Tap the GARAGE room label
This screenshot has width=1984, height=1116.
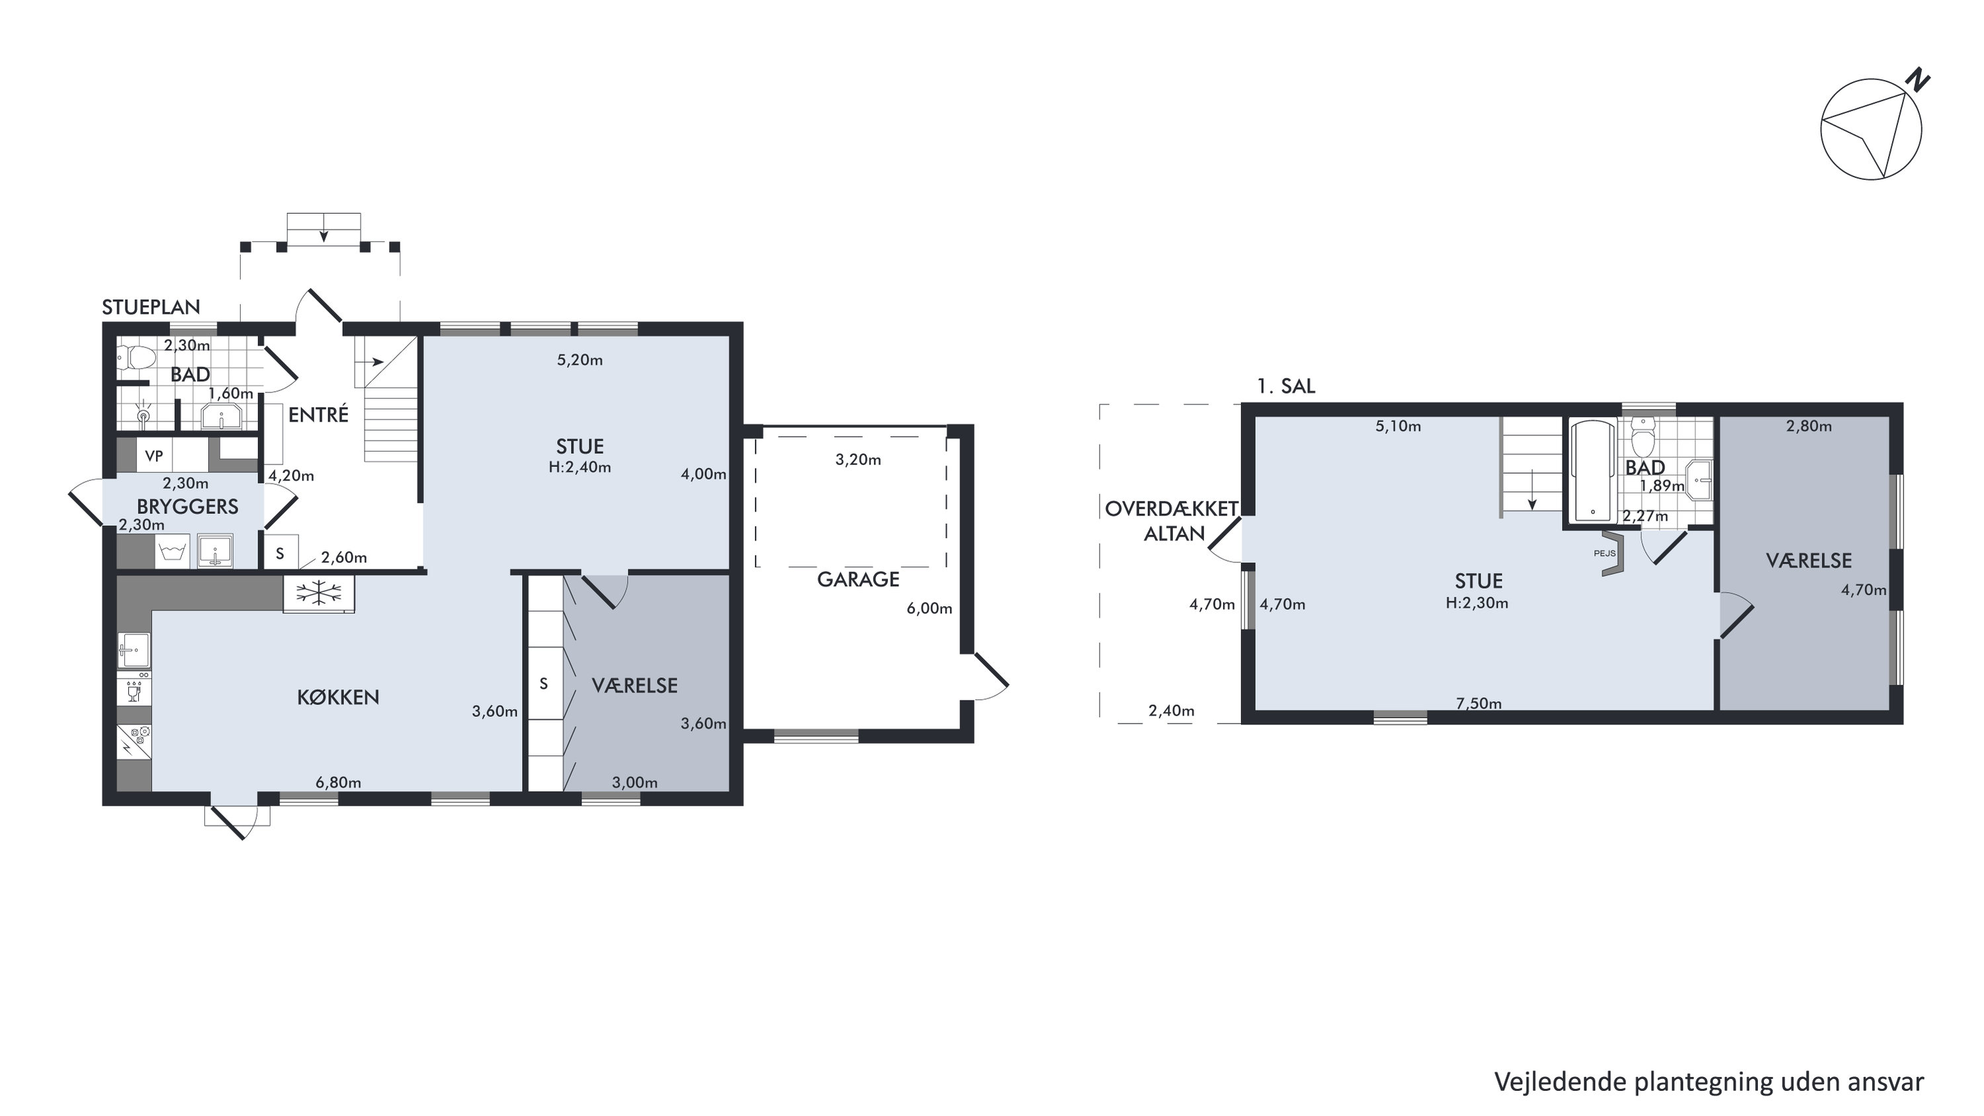coord(858,579)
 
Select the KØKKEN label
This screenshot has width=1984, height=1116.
coord(338,697)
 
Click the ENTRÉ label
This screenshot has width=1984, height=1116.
coord(318,414)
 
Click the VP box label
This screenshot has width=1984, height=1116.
coord(154,456)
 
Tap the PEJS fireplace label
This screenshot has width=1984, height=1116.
coord(1604,553)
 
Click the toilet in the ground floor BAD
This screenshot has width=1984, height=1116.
coord(139,357)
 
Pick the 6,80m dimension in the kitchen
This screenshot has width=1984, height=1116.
coord(338,783)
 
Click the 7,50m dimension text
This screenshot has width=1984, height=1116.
coord(1479,703)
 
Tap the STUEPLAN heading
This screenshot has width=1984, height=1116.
coord(151,306)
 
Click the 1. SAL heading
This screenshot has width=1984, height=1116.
coord(1286,386)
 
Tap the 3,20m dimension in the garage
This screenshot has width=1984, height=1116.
coord(858,460)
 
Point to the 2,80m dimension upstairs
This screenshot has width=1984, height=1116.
coord(1809,426)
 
